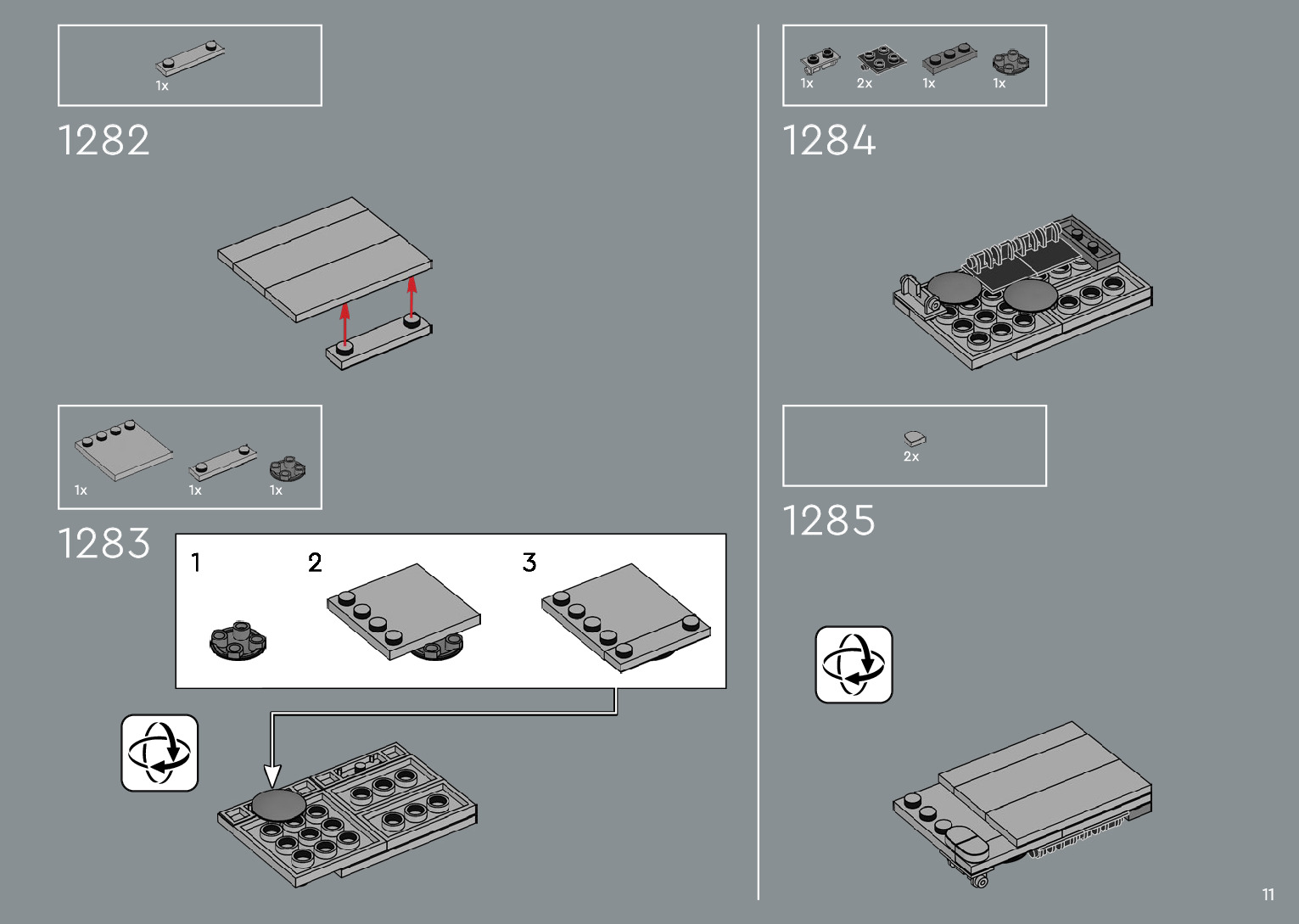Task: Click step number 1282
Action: click(104, 140)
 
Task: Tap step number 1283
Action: click(104, 543)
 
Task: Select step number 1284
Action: click(828, 140)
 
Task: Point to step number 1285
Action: click(828, 520)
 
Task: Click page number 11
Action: click(1268, 894)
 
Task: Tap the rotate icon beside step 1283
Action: click(160, 753)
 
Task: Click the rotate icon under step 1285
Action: click(854, 664)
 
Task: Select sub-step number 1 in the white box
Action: click(196, 563)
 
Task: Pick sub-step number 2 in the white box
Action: click(315, 563)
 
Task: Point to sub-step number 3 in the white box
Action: click(529, 563)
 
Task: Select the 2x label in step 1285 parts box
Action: click(911, 456)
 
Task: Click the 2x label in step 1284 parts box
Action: click(865, 83)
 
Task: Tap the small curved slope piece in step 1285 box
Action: click(915, 438)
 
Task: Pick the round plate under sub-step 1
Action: click(238, 641)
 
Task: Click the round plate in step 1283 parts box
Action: click(288, 468)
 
